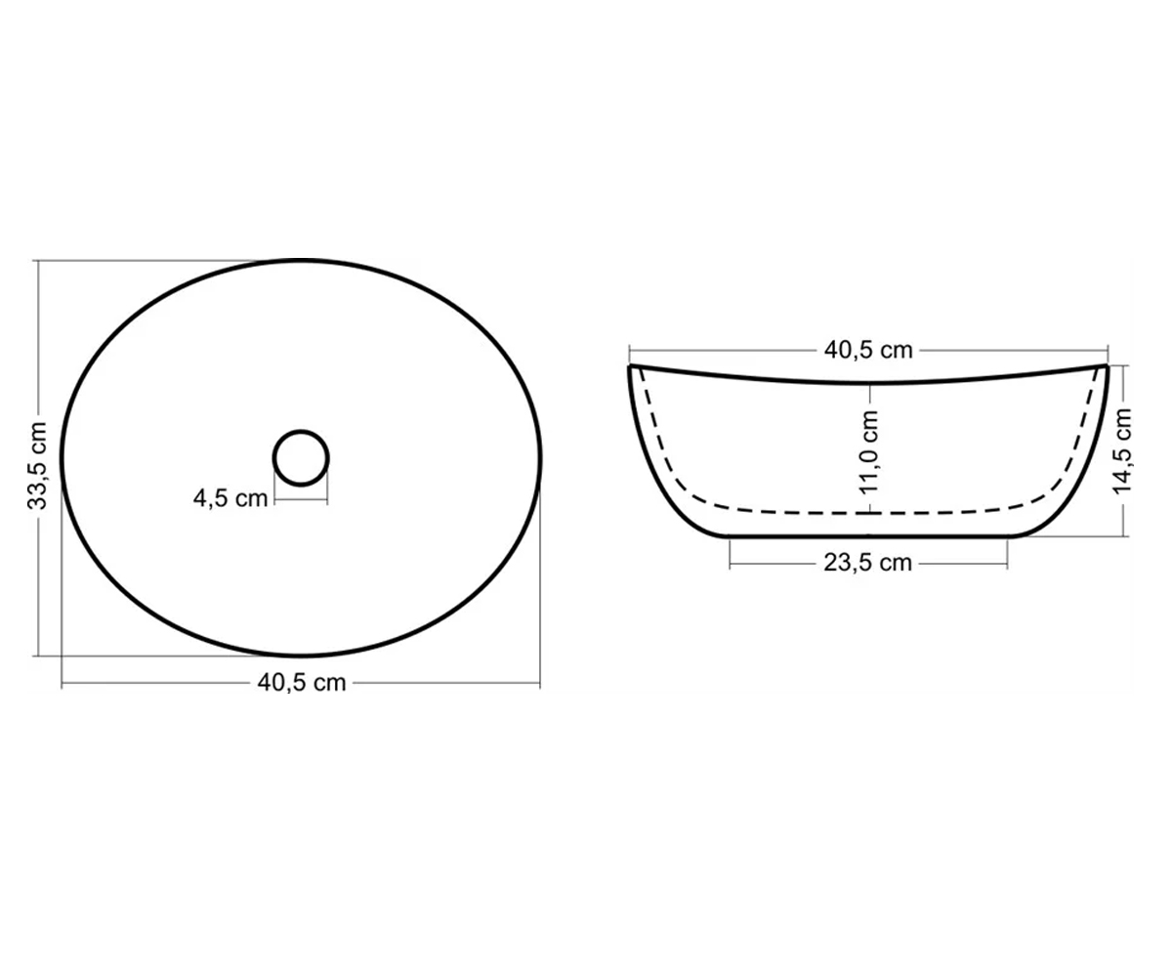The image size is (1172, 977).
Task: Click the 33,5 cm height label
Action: [37, 465]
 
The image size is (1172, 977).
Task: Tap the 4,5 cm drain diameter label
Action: [230, 498]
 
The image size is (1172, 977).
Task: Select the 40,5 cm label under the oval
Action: [302, 682]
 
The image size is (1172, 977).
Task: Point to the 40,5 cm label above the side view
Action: [868, 350]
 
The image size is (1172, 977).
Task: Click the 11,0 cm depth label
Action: [868, 452]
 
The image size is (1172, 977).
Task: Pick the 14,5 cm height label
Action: [1122, 450]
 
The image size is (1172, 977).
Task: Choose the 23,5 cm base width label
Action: [867, 562]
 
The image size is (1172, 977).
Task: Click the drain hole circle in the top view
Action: [301, 458]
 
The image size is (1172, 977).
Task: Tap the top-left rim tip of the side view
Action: [629, 366]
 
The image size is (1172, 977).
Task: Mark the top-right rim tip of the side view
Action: [1108, 366]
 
